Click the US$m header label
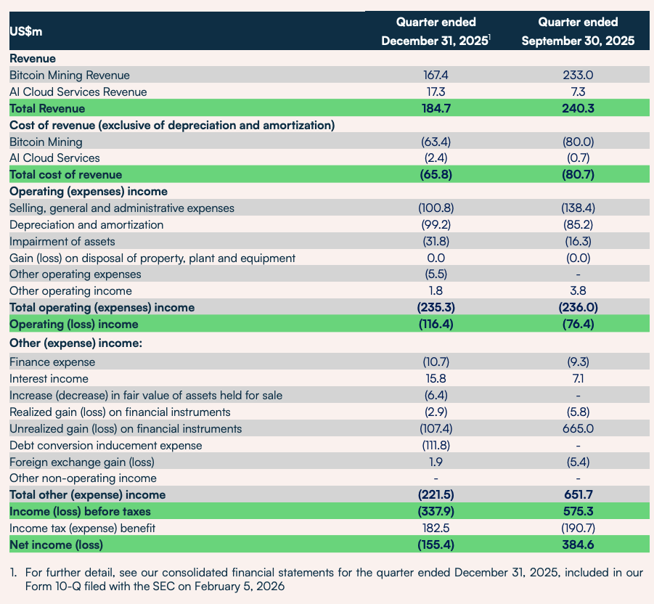coord(26,32)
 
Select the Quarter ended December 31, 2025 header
coord(436,31)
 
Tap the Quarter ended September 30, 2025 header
coord(578,31)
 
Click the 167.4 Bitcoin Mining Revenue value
coord(436,75)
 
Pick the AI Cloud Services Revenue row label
coord(78,91)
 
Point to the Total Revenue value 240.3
coord(578,108)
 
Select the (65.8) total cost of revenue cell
coord(436,174)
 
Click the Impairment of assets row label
coord(62,242)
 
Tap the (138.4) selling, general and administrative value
coord(578,208)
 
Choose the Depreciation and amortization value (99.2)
coord(436,224)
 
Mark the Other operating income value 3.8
coord(578,290)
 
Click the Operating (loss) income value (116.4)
coord(436,324)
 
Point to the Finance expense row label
coord(52,362)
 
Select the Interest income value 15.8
coord(436,379)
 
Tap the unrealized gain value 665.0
coord(578,428)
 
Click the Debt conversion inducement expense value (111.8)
coord(436,445)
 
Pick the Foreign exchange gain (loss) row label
coord(82,462)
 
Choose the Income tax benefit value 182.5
coord(436,528)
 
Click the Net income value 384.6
coord(578,544)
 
